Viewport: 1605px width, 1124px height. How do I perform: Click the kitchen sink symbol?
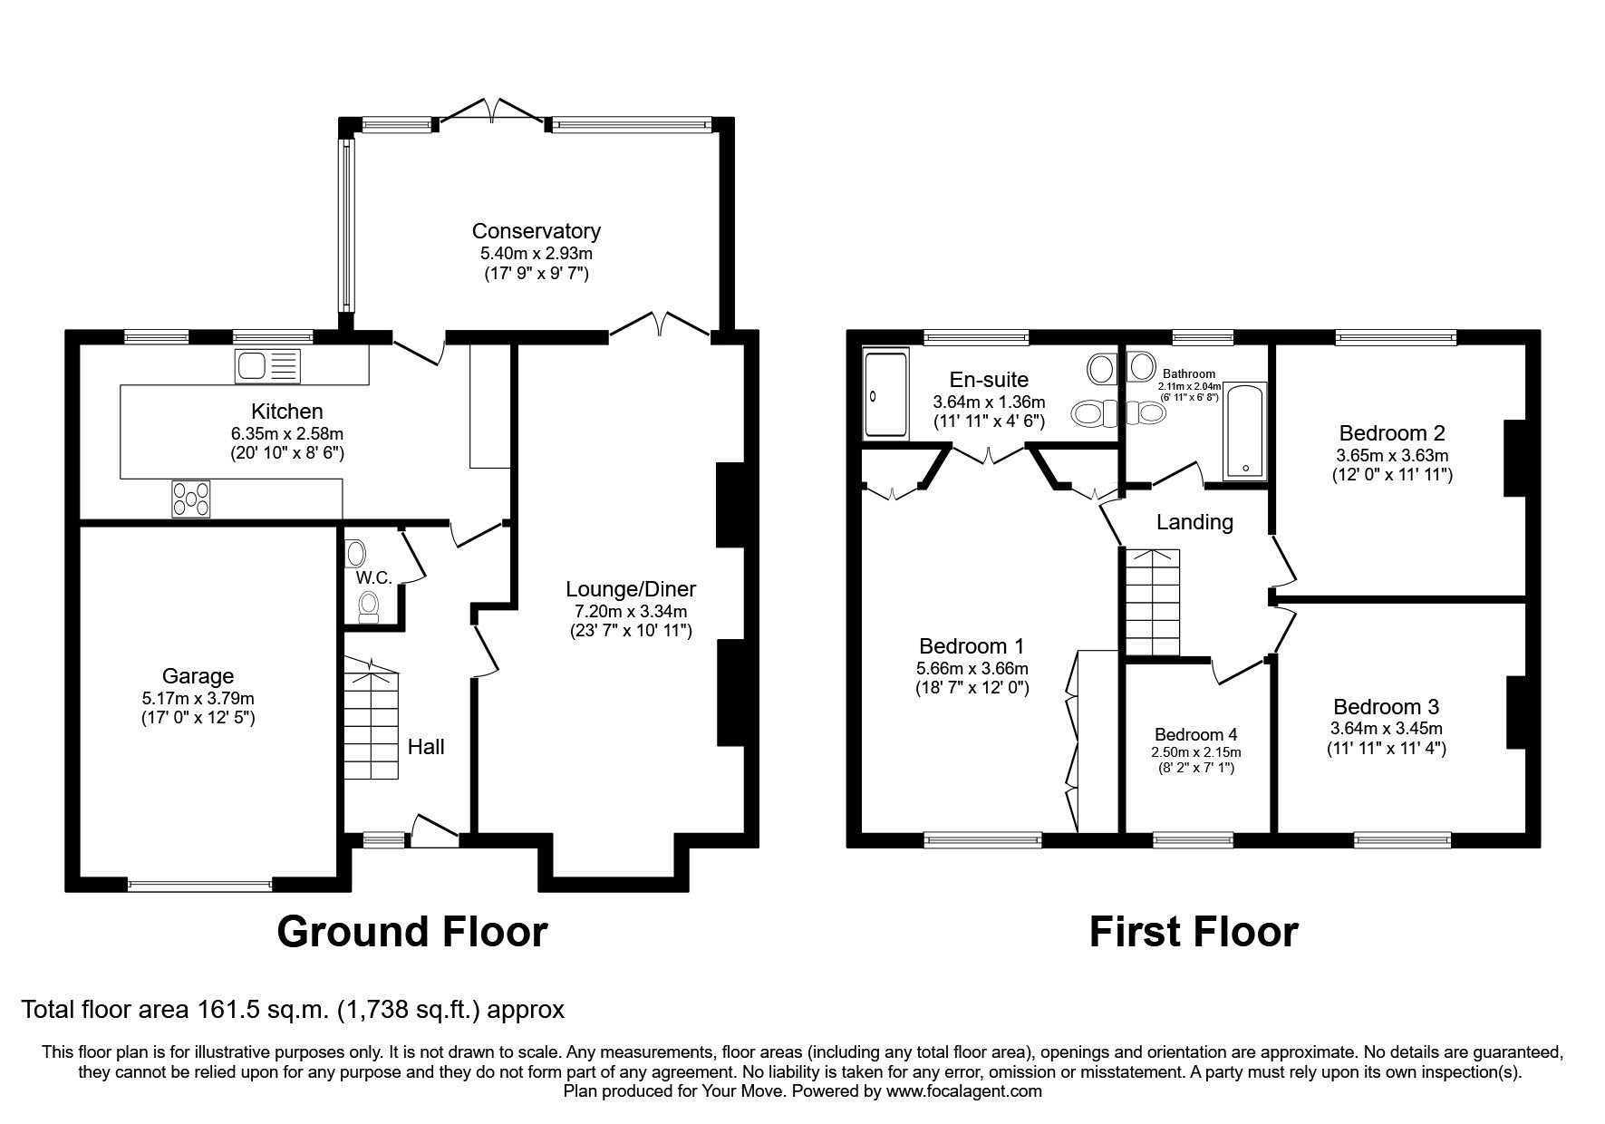[x=266, y=366]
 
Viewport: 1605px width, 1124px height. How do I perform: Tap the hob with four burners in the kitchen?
[x=191, y=499]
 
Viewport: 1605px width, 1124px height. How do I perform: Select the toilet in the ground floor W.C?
[x=368, y=606]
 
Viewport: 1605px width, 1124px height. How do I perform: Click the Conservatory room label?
[x=536, y=231]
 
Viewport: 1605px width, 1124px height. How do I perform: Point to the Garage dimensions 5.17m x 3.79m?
[x=198, y=699]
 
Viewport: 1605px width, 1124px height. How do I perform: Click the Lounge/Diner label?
[x=631, y=589]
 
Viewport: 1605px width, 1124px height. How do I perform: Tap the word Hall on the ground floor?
[x=426, y=747]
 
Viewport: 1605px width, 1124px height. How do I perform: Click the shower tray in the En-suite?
[x=885, y=394]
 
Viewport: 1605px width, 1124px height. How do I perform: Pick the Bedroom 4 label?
[x=1195, y=734]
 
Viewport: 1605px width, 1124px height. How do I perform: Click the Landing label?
[x=1194, y=522]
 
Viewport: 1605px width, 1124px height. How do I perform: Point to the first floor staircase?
[x=1152, y=602]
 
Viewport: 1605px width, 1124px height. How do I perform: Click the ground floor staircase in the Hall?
[x=371, y=720]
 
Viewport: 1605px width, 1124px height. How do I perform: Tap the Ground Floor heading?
[x=412, y=932]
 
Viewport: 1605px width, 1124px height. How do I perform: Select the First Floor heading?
[x=1193, y=932]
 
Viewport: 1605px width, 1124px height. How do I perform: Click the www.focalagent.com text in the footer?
[x=963, y=1091]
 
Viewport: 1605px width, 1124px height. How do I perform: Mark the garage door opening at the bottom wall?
[x=199, y=886]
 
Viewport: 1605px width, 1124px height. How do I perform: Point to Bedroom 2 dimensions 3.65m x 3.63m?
[x=1392, y=456]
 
